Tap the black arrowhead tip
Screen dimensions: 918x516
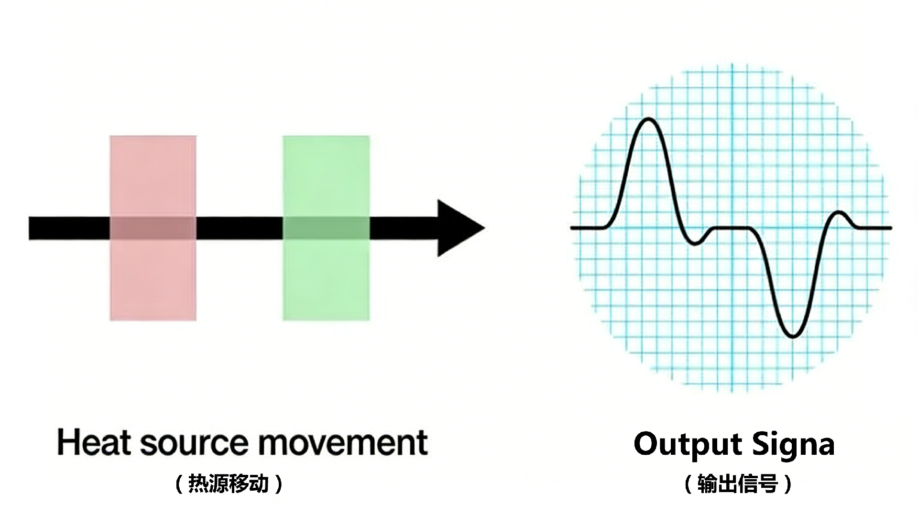click(x=485, y=228)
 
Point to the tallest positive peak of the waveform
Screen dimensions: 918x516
click(x=648, y=119)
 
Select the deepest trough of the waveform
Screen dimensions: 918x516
click(x=793, y=337)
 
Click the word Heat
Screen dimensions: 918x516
click(x=94, y=442)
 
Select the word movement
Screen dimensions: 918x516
click(x=343, y=443)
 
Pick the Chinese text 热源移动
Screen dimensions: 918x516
click(x=229, y=484)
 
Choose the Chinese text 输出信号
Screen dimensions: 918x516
click(x=738, y=484)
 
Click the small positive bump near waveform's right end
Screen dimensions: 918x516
click(x=839, y=212)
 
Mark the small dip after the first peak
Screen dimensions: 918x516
click(x=696, y=243)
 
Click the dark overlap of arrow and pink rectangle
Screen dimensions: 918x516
click(x=153, y=228)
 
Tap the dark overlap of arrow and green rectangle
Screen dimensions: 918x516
click(x=326, y=228)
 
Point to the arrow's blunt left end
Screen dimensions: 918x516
click(x=30, y=228)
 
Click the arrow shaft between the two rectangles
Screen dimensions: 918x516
click(x=240, y=228)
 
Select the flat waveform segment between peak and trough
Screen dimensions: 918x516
click(x=732, y=228)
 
